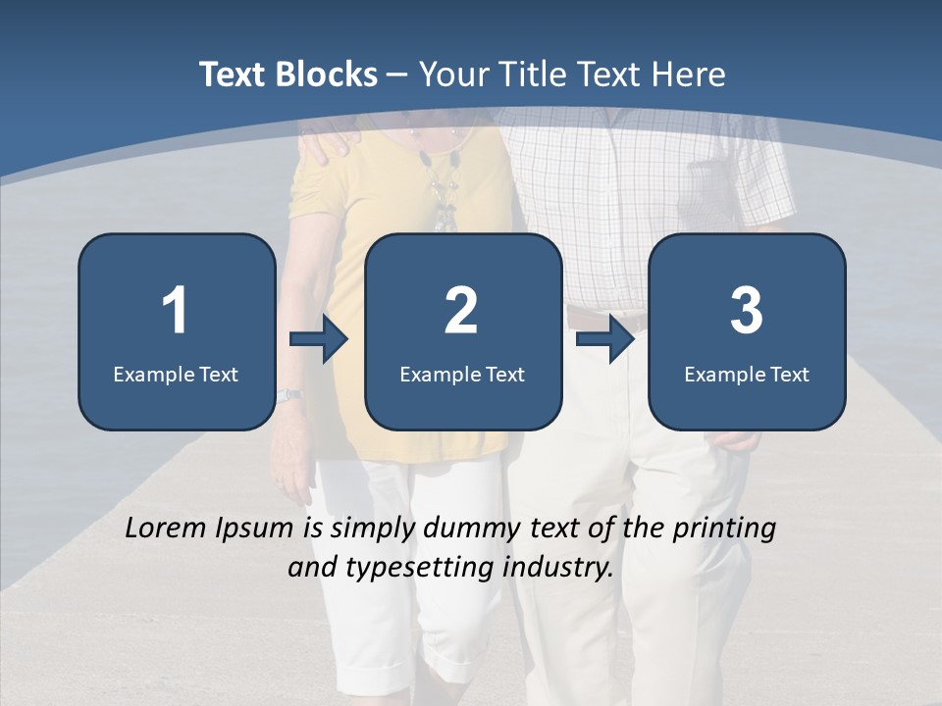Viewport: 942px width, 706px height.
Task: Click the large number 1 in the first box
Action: point(175,311)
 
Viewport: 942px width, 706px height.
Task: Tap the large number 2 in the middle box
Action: point(461,311)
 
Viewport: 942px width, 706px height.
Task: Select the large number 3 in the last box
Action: point(747,311)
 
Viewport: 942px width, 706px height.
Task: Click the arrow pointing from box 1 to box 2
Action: point(319,339)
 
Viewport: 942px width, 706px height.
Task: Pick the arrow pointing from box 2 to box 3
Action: point(605,339)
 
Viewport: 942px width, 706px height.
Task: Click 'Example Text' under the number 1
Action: point(176,374)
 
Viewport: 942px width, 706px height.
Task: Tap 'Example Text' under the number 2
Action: point(462,374)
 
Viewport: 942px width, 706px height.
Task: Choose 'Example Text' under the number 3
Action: point(747,374)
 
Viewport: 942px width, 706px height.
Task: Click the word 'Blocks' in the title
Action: point(325,75)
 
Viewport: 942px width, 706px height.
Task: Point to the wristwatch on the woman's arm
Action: point(288,395)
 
